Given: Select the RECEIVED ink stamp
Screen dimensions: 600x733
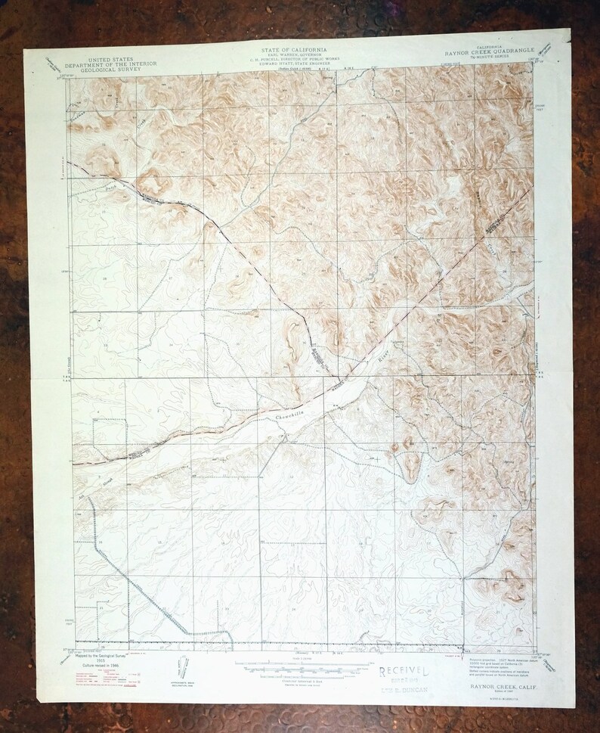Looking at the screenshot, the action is [404, 671].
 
